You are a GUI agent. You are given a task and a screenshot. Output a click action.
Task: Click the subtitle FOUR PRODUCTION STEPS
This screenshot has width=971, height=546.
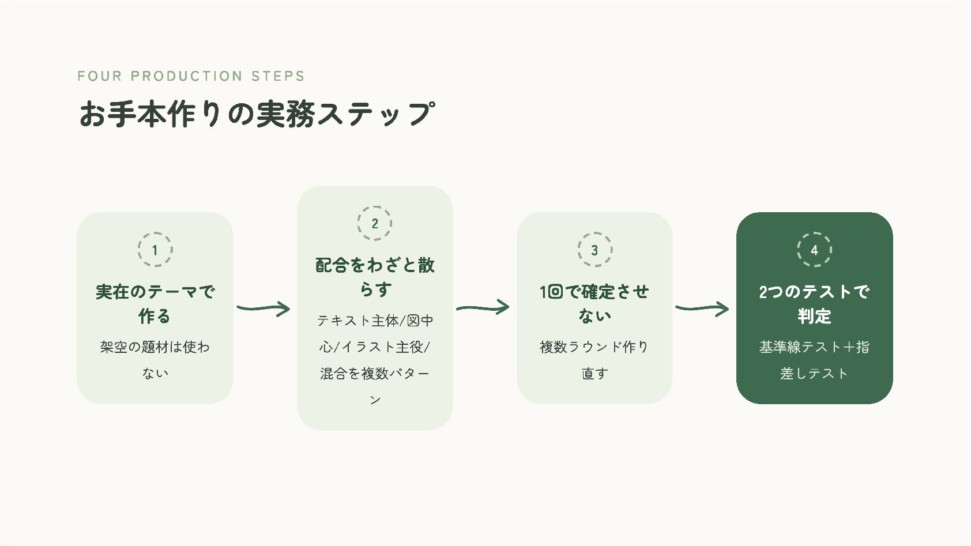(x=191, y=76)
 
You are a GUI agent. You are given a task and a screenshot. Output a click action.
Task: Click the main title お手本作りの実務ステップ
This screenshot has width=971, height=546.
(x=257, y=114)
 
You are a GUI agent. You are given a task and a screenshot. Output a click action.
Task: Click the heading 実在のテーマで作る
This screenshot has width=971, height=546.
(x=155, y=304)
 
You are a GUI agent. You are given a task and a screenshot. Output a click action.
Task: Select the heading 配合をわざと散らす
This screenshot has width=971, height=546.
(x=375, y=277)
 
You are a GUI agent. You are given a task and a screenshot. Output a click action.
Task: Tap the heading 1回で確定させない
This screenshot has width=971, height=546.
(x=594, y=304)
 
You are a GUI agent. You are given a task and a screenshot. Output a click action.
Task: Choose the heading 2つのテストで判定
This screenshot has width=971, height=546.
(x=814, y=304)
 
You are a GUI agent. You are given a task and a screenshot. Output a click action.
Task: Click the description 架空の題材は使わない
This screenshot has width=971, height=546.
(x=155, y=360)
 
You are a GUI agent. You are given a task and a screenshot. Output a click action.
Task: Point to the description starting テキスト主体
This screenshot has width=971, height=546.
(x=375, y=360)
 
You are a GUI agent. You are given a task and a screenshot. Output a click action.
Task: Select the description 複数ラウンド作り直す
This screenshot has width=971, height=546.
(x=594, y=360)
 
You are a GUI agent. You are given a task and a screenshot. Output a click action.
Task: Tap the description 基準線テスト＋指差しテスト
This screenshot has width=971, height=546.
(x=814, y=360)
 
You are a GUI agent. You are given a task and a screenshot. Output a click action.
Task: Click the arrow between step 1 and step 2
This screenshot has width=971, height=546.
(x=263, y=308)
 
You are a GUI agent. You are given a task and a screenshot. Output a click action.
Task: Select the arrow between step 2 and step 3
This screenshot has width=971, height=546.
(x=483, y=308)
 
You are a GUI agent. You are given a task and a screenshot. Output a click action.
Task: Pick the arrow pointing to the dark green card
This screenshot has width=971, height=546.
(x=702, y=308)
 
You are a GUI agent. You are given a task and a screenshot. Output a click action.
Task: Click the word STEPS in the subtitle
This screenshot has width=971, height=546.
(x=278, y=76)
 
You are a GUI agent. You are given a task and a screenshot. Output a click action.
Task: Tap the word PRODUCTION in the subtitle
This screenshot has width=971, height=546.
(x=186, y=76)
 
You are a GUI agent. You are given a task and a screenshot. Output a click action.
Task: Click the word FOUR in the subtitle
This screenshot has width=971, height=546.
(x=100, y=76)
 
